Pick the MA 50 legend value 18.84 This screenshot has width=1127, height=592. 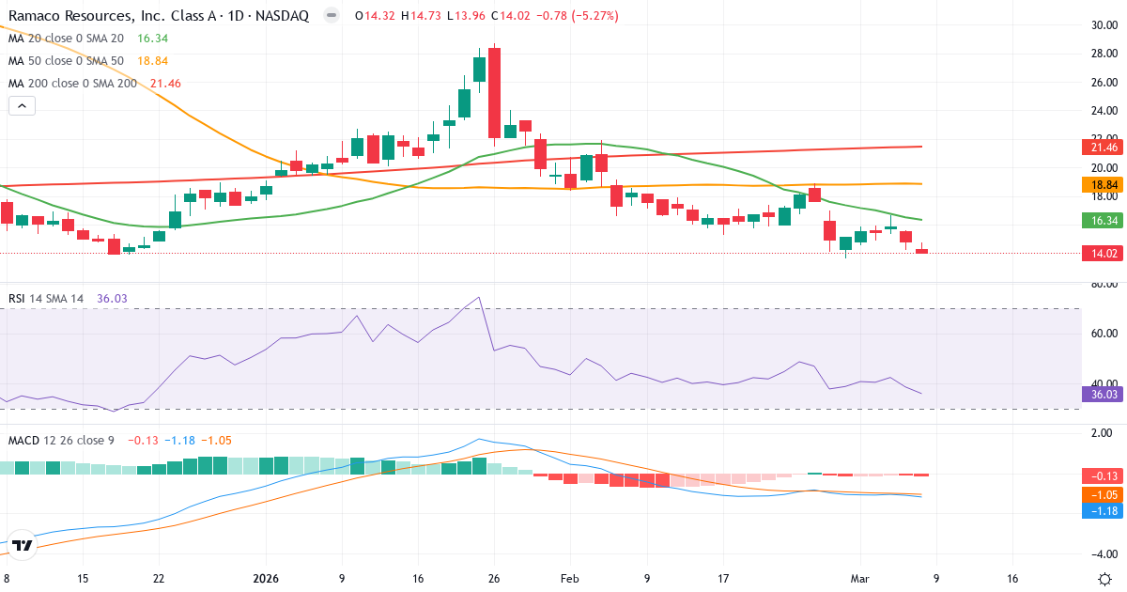pos(155,60)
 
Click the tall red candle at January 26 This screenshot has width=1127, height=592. pos(494,93)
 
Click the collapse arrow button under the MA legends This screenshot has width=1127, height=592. pos(22,106)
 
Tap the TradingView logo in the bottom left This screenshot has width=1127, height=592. pos(23,545)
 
